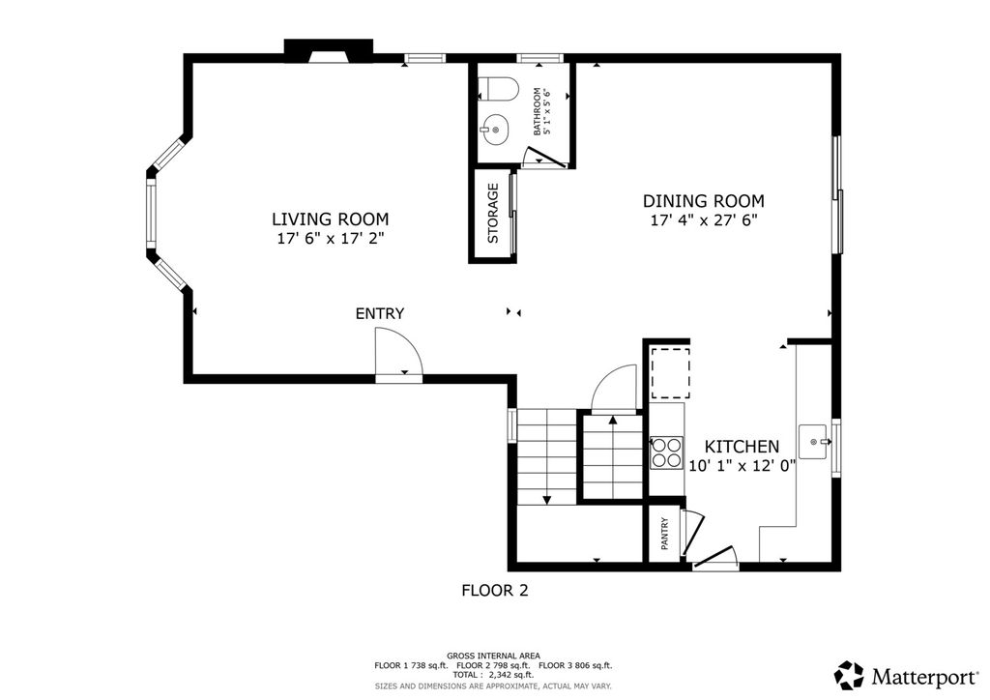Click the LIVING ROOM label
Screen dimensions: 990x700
tap(331, 219)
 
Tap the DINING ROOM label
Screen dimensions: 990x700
tap(704, 201)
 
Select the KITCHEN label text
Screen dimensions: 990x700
tap(742, 447)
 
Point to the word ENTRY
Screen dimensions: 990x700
tap(379, 313)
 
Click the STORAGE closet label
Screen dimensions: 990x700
tap(493, 214)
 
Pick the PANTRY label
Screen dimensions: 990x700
tap(665, 534)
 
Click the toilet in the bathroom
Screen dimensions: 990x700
tap(498, 87)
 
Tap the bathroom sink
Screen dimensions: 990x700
tap(494, 130)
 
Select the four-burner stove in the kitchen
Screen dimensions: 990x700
tap(667, 452)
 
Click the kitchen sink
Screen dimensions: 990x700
tap(814, 441)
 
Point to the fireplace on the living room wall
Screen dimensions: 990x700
tap(329, 51)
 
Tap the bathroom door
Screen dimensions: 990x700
tap(545, 158)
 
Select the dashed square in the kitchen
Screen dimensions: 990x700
tap(670, 372)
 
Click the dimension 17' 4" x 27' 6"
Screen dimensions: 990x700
tap(704, 220)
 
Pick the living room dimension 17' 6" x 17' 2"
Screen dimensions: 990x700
tap(331, 239)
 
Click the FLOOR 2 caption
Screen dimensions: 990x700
tap(495, 590)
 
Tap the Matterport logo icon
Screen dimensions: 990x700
tap(849, 676)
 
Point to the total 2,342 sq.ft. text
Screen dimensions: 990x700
tap(493, 675)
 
